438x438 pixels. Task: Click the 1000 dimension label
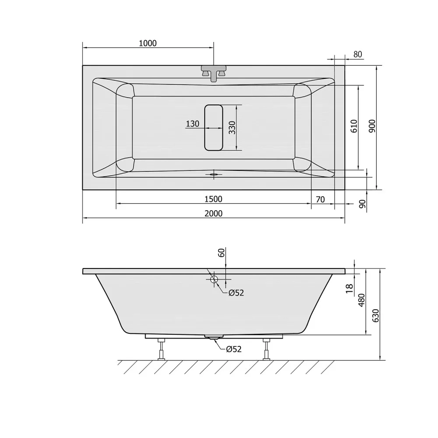[148, 43]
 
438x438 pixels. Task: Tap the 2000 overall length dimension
[214, 213]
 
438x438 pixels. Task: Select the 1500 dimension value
[214, 199]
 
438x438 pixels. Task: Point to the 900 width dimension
[372, 126]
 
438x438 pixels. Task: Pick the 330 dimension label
[232, 127]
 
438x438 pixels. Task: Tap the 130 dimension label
[192, 124]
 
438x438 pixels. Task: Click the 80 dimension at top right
[358, 54]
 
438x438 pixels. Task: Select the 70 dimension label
[321, 199]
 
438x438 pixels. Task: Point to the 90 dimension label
[362, 204]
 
